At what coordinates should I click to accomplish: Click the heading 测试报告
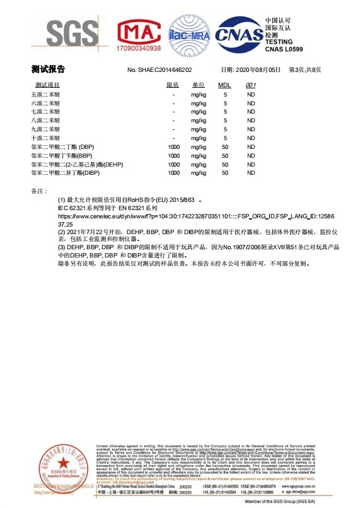[48, 69]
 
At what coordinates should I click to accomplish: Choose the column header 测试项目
[47, 85]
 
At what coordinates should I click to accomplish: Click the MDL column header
[224, 85]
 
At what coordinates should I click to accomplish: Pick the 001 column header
[250, 85]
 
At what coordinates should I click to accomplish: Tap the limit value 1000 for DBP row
[173, 146]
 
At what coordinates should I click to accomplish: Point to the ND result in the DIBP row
[250, 172]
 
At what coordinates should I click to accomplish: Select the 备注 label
[39, 190]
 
